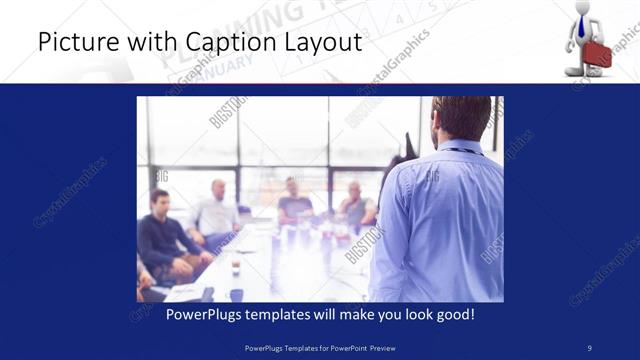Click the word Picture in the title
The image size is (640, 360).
(x=72, y=43)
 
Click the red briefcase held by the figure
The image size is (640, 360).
(x=597, y=54)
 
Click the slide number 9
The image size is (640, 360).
(x=590, y=347)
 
